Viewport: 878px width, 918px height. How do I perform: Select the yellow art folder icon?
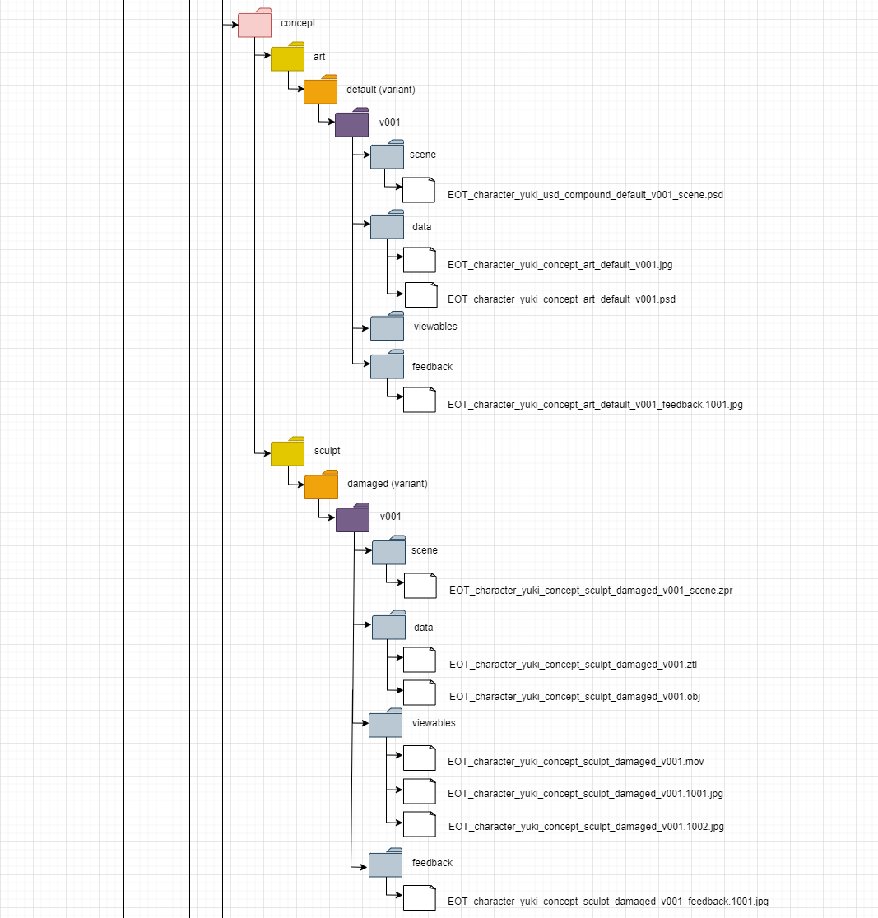[287, 58]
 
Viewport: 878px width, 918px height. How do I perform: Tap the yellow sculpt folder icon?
[287, 452]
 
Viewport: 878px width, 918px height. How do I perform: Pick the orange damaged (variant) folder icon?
[321, 485]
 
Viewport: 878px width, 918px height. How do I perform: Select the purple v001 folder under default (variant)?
[351, 123]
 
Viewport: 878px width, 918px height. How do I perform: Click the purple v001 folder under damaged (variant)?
[352, 518]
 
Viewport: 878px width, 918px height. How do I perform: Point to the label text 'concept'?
[298, 23]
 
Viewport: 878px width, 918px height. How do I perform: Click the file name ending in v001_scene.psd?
[585, 195]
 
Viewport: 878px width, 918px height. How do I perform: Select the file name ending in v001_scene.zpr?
[590, 590]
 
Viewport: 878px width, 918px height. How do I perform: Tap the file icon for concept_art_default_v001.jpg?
[419, 260]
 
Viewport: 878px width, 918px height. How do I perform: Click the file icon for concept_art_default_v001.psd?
[420, 294]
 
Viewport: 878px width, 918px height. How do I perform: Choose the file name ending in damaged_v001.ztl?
[573, 664]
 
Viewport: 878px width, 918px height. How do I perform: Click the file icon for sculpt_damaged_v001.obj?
[419, 693]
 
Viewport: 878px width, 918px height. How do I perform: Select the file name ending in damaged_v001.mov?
[575, 761]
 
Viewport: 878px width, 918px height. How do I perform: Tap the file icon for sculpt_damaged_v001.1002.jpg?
[419, 823]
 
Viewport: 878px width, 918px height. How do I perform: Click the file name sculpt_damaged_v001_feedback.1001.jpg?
[607, 901]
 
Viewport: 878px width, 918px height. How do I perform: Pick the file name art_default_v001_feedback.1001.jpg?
[595, 405]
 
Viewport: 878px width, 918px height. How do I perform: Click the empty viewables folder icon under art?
[387, 327]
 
